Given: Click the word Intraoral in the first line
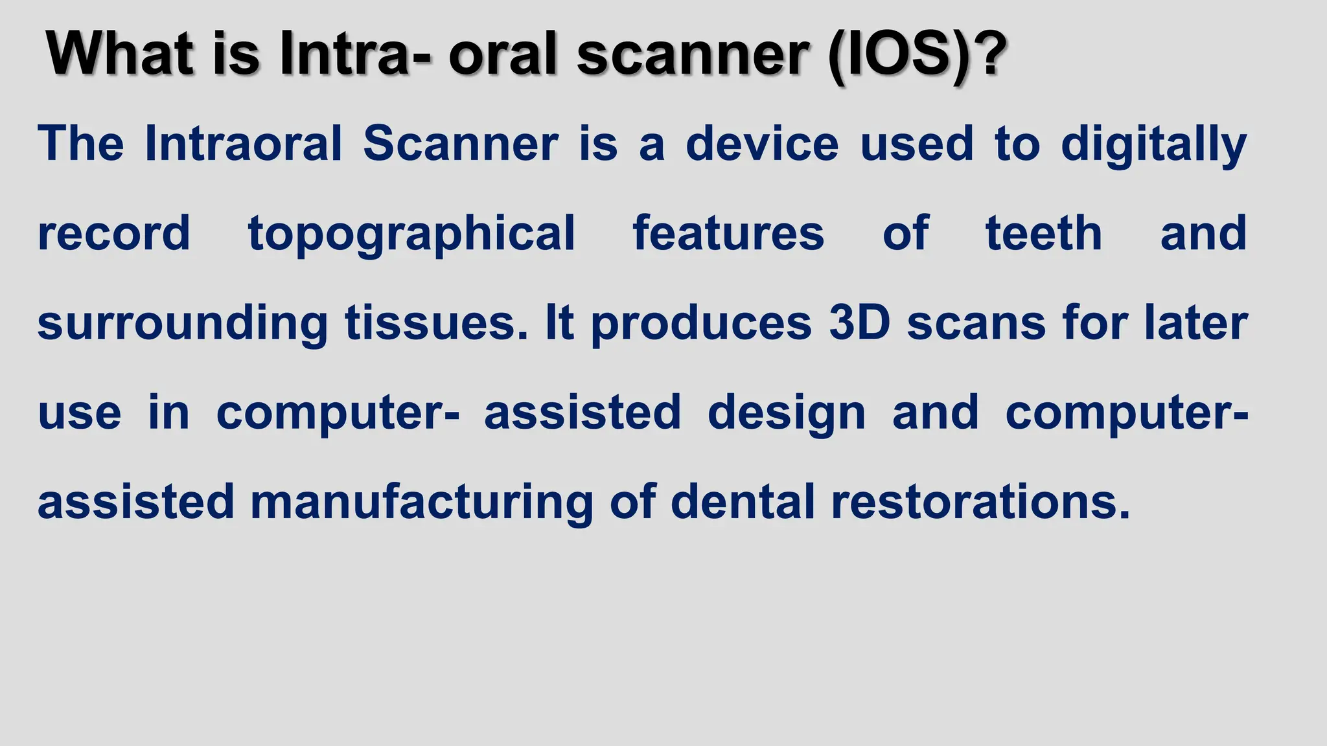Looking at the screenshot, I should pos(243,143).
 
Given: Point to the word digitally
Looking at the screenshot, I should pos(1153,145).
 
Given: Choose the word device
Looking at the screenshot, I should pos(762,143).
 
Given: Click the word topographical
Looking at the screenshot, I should pos(411,234).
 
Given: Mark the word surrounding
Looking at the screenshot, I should pos(183,324).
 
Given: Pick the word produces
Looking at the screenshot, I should pos(701,324).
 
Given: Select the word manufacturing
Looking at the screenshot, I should pos(421,503).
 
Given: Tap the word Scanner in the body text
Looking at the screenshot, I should pos(460,143).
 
